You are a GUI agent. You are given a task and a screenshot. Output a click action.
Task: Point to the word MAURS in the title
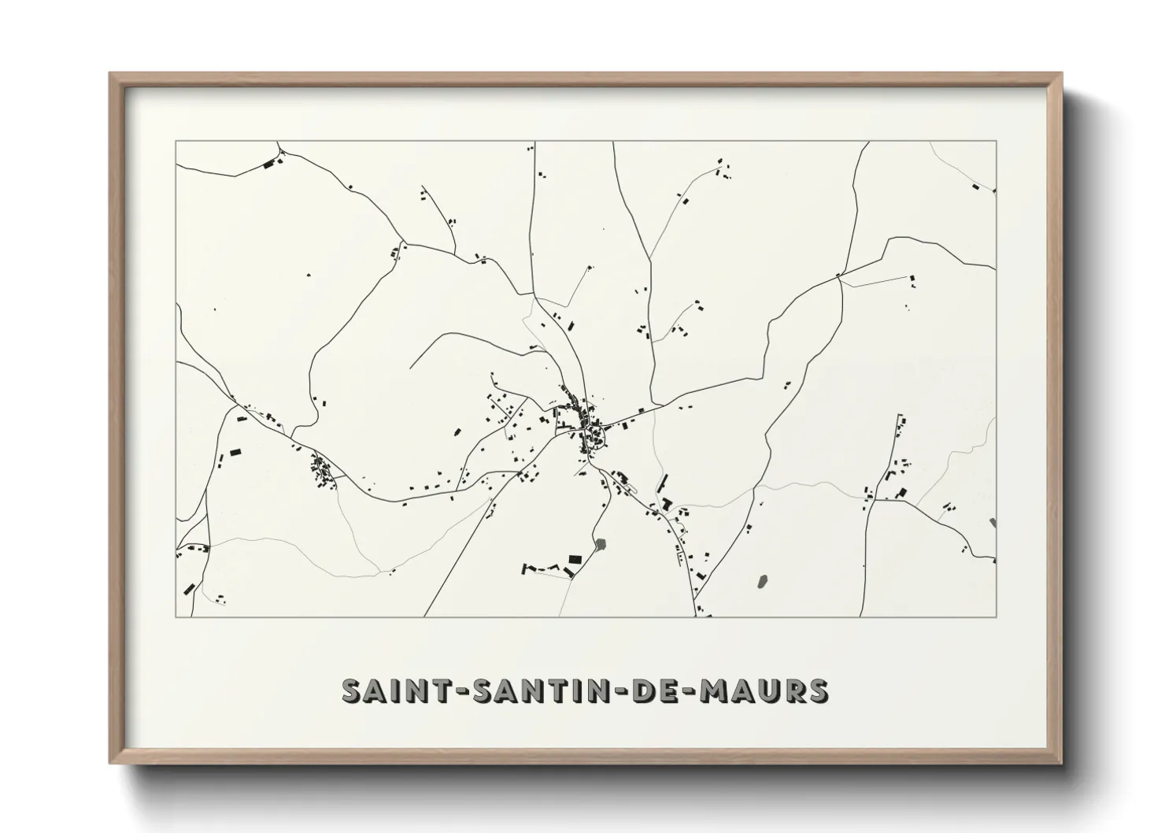[760, 690]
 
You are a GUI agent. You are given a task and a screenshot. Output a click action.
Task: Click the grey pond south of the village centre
[602, 543]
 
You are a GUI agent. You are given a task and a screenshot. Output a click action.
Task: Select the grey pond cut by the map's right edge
[993, 523]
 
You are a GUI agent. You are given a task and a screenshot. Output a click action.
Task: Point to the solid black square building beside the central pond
[575, 558]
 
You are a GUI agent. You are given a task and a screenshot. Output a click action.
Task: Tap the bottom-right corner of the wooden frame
[1062, 764]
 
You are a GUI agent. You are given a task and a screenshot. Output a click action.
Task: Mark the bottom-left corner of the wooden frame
[110, 764]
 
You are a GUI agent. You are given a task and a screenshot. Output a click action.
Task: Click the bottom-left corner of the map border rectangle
[176, 616]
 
